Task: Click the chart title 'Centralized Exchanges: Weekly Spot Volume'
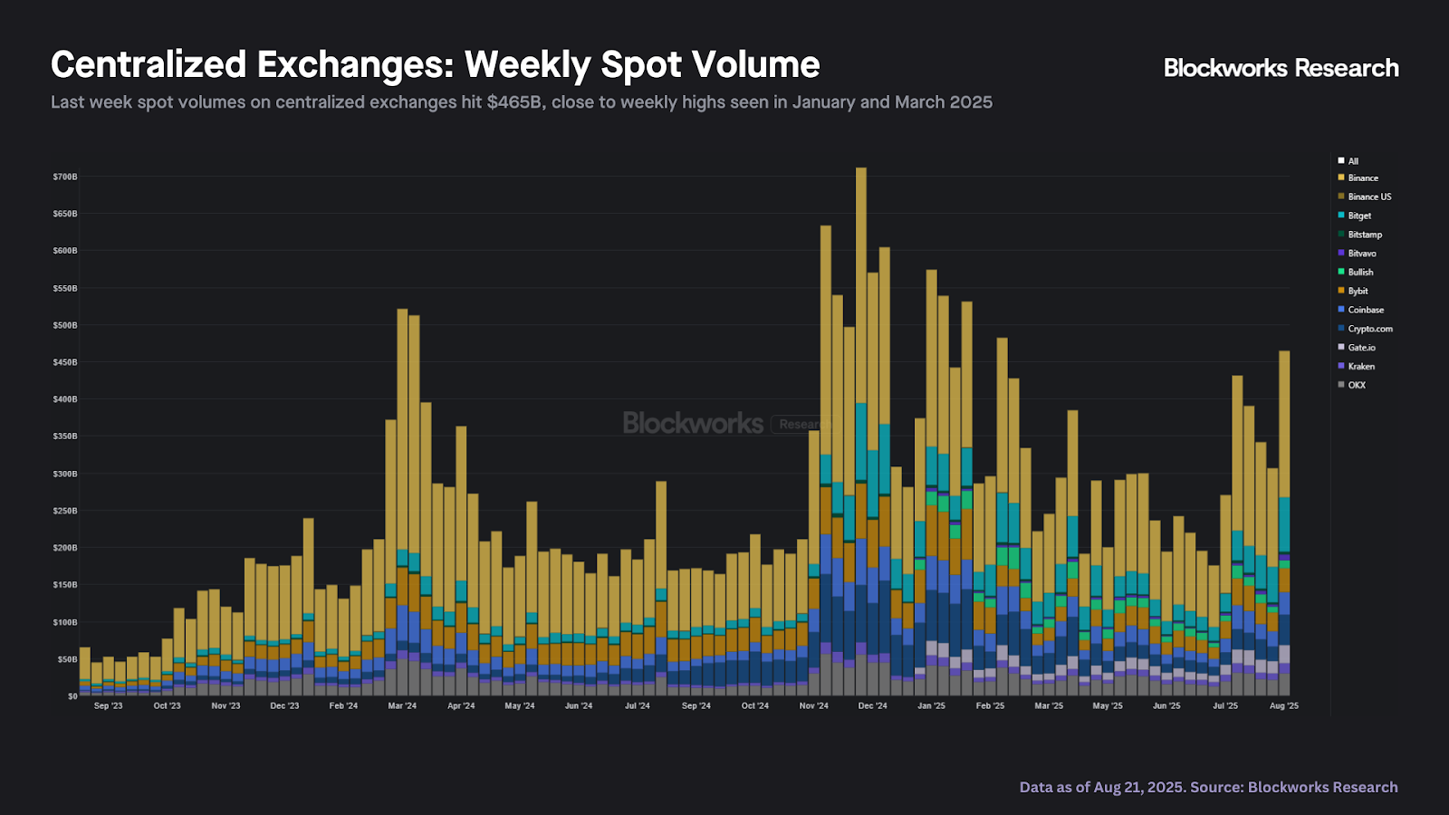(435, 65)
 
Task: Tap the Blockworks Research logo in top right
(1281, 68)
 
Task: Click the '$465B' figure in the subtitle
(515, 102)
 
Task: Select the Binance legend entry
(1362, 178)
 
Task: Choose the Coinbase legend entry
(1365, 310)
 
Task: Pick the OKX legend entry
(1356, 385)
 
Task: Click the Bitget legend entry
(1358, 216)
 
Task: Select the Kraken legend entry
(1360, 366)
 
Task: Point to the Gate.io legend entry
(1360, 348)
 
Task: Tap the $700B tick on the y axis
(65, 177)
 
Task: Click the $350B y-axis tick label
(65, 436)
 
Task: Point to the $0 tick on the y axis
(72, 695)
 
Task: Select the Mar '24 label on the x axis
(402, 705)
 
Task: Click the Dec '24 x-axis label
(872, 705)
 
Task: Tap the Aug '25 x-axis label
(1283, 705)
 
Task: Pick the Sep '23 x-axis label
(108, 705)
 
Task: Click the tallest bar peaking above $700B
(861, 362)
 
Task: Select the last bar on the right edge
(1284, 453)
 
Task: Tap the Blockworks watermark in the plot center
(693, 423)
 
